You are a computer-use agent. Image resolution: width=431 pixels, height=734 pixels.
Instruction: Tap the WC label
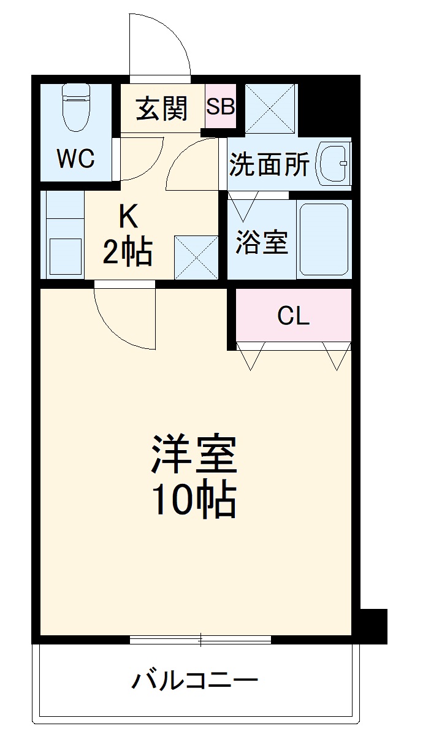(75, 159)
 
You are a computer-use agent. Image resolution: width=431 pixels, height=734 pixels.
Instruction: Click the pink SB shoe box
(220, 107)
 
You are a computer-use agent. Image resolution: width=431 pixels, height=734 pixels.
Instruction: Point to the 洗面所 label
(269, 164)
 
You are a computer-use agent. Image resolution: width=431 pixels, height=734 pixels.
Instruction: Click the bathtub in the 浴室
(323, 240)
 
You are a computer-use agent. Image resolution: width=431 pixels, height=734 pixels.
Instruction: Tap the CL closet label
(294, 316)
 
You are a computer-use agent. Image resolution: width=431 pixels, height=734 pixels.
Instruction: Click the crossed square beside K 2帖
(196, 257)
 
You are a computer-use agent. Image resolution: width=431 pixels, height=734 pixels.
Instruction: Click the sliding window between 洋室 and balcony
(200, 640)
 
